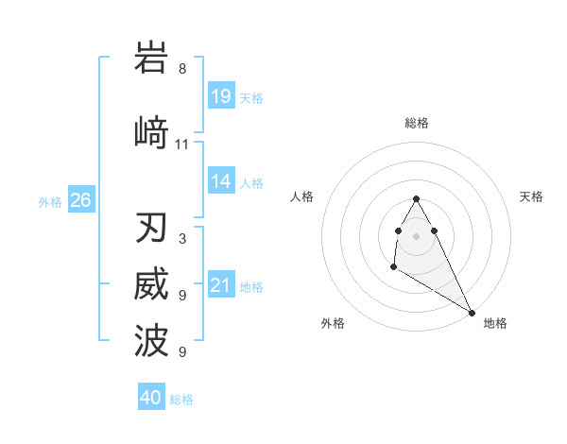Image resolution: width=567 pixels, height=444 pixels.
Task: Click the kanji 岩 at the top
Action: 152,59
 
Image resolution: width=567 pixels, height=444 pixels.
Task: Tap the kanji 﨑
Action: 152,132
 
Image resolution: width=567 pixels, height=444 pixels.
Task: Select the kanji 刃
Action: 152,229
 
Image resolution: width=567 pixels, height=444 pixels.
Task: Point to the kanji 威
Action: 152,285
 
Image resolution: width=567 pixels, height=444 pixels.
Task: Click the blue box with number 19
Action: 221,95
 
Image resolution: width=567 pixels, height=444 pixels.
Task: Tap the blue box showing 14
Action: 221,181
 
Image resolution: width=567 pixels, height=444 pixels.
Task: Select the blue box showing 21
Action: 221,285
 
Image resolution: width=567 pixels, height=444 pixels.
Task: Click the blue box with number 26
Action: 81,199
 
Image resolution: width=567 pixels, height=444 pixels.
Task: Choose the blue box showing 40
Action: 151,398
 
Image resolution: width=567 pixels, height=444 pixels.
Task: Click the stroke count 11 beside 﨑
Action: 182,145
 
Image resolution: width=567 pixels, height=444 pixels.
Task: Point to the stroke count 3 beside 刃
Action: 182,239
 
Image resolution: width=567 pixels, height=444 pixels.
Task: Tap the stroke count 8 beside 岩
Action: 182,69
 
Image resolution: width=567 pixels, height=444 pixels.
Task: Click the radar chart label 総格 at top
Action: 417,123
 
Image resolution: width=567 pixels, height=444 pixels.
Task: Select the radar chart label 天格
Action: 531,196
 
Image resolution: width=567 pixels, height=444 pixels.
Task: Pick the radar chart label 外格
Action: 333,323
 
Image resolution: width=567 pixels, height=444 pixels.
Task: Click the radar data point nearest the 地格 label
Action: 472,313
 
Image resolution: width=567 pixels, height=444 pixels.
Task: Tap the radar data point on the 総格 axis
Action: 417,198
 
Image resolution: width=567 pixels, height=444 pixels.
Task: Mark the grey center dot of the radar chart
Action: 417,235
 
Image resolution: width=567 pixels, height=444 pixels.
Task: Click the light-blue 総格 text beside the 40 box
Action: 181,400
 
